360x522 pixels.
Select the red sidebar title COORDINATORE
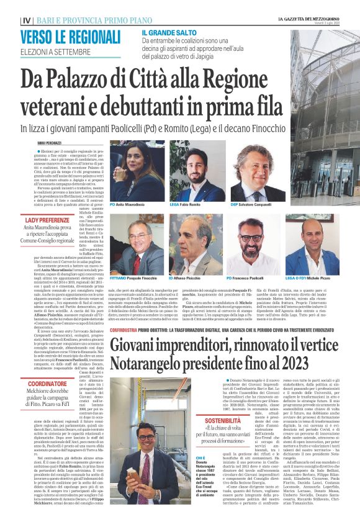(x=51, y=383)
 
